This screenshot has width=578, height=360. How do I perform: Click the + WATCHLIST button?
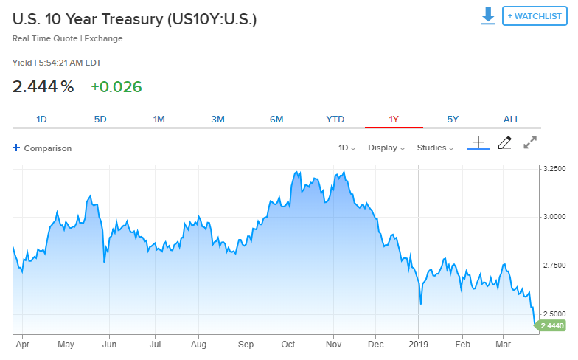535,16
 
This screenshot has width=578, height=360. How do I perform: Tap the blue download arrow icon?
488,16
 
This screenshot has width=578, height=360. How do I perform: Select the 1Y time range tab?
394,120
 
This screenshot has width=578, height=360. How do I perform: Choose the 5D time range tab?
100,120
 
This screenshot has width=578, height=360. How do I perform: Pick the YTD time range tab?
335,120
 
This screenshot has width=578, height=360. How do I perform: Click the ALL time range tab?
512,120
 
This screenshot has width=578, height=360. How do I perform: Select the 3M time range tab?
217,120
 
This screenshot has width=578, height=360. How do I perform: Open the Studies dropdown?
435,148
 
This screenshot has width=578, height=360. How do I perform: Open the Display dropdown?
386,148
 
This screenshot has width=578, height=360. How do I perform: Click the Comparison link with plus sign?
42,148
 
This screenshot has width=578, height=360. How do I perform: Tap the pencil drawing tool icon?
504,143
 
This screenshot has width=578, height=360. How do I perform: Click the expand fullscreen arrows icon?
530,143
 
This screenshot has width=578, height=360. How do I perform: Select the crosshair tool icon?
478,143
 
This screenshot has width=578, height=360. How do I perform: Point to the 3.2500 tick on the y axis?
554,168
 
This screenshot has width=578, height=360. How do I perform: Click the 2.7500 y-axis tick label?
554,265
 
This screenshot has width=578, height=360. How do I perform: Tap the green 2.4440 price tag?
551,325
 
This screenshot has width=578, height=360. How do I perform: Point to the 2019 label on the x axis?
419,343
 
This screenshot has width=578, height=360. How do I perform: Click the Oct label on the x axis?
288,343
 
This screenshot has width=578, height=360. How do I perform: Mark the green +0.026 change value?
116,87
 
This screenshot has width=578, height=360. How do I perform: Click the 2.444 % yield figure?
43,87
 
